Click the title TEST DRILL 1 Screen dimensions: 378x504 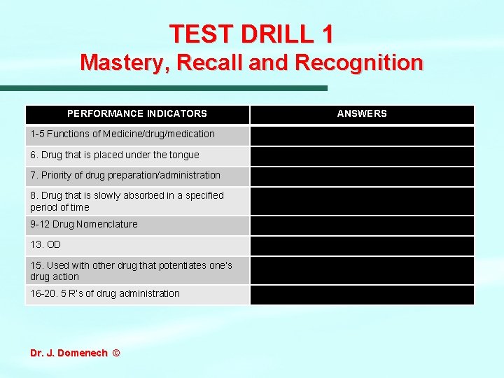[251, 34]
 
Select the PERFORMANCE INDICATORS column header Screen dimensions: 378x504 [137, 113]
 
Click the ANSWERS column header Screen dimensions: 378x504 [362, 113]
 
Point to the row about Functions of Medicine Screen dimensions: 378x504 [122, 134]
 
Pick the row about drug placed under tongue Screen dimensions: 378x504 [115, 155]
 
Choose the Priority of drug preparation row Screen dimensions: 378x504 [125, 175]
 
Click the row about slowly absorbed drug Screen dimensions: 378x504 [127, 201]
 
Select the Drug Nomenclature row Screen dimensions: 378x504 [84, 224]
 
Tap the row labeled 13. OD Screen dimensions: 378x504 [45, 245]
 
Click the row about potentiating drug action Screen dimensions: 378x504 [131, 271]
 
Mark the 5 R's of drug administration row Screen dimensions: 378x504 [105, 293]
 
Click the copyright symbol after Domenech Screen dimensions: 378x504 [115, 353]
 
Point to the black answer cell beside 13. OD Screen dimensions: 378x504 [362, 246]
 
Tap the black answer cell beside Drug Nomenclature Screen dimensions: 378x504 [362, 225]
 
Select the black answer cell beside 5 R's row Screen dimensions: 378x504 [362, 294]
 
